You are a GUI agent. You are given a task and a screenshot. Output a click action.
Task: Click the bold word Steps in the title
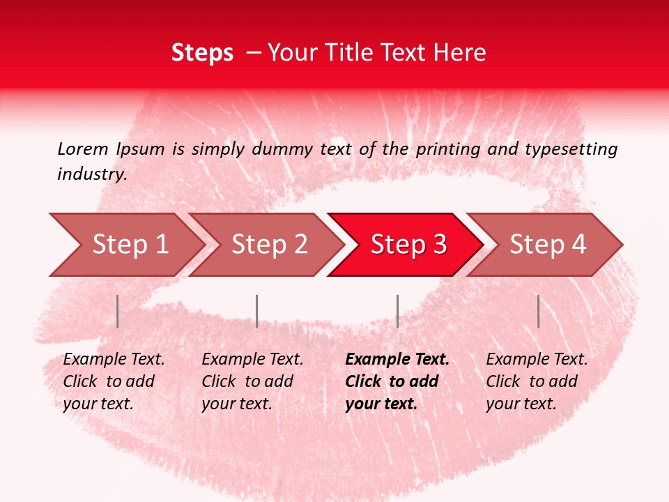(202, 53)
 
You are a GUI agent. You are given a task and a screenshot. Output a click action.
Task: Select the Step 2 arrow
(269, 244)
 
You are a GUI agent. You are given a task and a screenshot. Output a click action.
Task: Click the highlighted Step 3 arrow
(408, 244)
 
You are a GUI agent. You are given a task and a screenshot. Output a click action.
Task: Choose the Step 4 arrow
(548, 244)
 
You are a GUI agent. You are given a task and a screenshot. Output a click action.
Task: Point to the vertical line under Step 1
(118, 311)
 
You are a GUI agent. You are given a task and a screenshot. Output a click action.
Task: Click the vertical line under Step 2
(257, 311)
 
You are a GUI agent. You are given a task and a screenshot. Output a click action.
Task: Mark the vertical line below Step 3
(397, 311)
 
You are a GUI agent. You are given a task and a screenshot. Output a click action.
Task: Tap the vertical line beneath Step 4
(538, 311)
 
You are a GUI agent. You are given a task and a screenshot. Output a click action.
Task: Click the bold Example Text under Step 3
(397, 360)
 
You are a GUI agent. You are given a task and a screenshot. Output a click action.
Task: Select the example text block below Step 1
(114, 381)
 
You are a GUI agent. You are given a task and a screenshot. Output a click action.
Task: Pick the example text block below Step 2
(252, 381)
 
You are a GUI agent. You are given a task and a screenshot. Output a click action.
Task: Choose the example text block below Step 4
(537, 381)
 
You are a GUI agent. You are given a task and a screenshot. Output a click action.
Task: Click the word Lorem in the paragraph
(83, 149)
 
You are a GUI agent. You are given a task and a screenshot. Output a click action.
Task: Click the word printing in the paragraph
(449, 149)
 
